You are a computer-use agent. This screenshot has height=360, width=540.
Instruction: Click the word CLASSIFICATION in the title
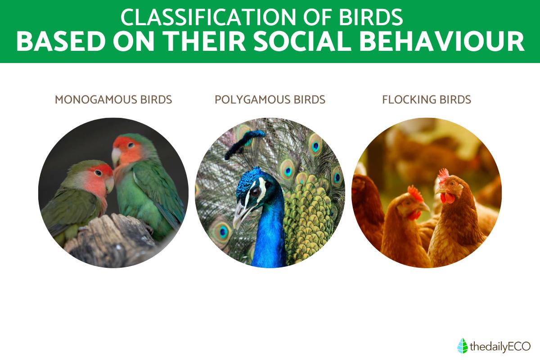[208, 17]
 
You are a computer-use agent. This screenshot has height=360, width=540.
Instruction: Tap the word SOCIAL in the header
[302, 41]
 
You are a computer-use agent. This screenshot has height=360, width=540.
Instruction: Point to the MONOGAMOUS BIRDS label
[113, 99]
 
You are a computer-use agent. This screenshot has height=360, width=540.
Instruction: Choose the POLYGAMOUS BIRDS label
[270, 99]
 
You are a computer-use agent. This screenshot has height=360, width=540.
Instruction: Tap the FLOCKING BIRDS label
[427, 99]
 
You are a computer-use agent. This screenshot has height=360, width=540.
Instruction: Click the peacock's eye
[256, 192]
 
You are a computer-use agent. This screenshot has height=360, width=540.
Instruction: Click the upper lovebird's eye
[130, 145]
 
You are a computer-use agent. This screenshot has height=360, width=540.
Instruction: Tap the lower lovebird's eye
[98, 172]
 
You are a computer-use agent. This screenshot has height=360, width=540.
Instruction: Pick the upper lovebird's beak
[116, 156]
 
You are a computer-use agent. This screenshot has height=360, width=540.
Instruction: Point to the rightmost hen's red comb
[443, 175]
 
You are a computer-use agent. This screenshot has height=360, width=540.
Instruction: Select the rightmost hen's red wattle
[447, 198]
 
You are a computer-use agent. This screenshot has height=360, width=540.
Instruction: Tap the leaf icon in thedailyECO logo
[463, 346]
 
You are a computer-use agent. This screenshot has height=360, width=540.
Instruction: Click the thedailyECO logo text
[500, 347]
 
